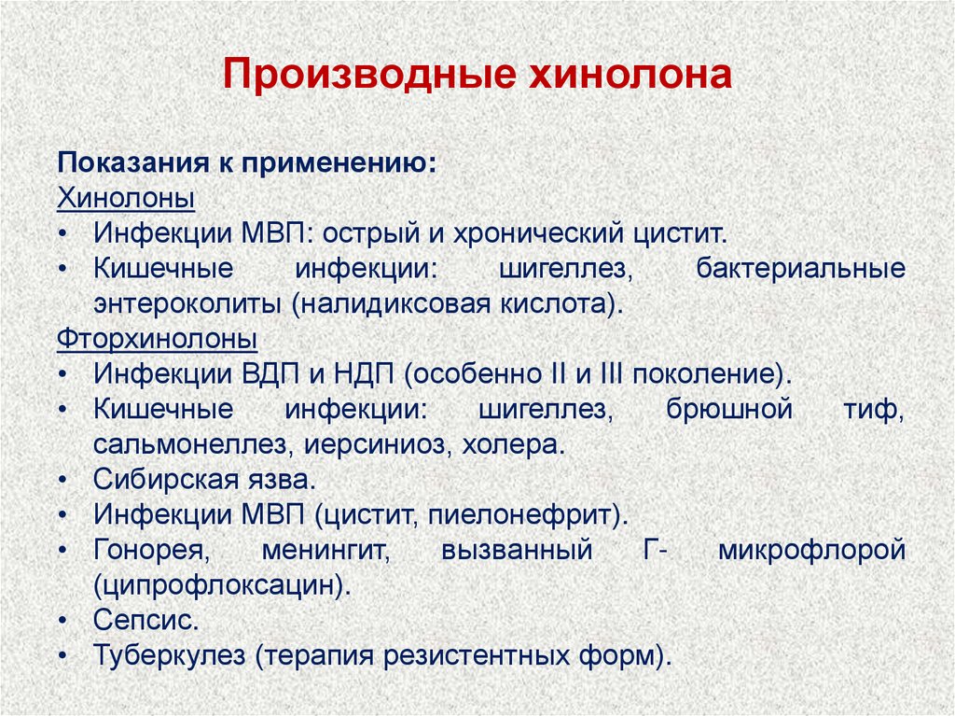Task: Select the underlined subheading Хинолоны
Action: (x=126, y=199)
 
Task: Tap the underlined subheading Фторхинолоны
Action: (x=158, y=336)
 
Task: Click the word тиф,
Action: (x=876, y=409)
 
